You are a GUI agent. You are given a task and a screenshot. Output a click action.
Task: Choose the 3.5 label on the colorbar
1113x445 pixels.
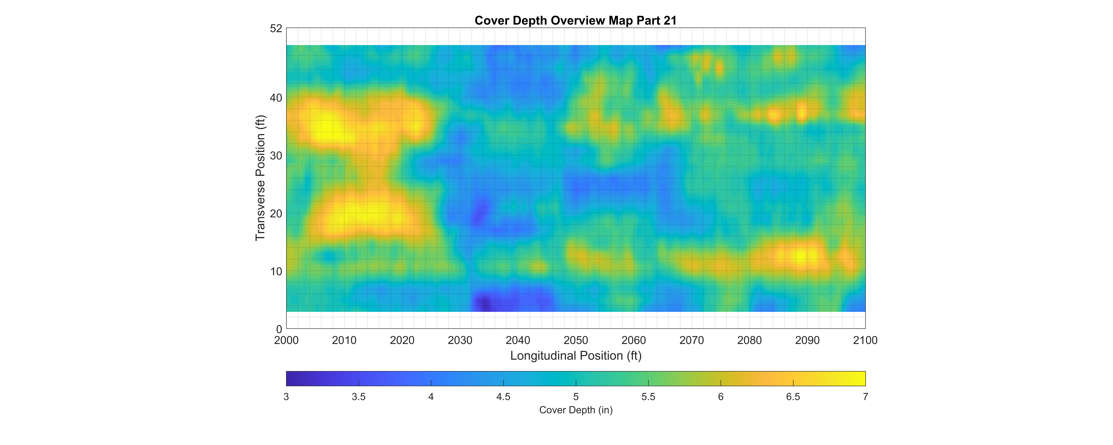[359, 397]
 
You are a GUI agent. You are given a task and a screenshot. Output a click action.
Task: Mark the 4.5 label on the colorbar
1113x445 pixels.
[503, 397]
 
